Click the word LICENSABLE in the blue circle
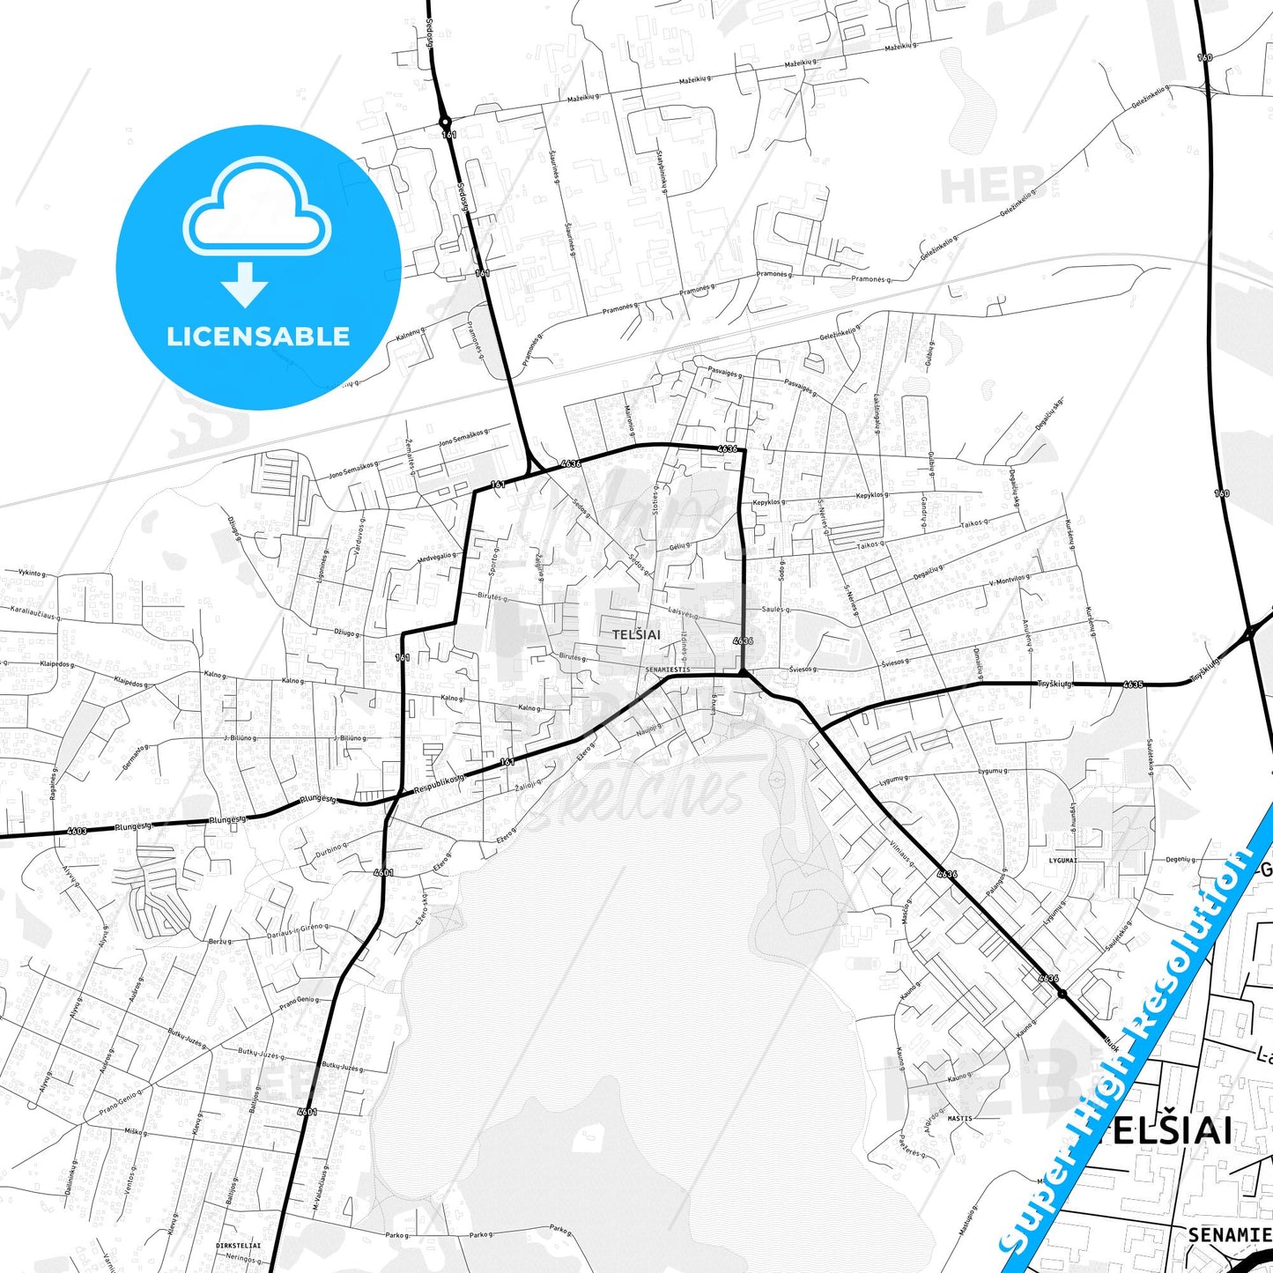coord(258,336)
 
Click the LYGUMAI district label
coord(1063,860)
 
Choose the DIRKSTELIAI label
coord(238,1246)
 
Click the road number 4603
coord(77,831)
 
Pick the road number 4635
coord(1133,684)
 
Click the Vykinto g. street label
coord(31,573)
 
